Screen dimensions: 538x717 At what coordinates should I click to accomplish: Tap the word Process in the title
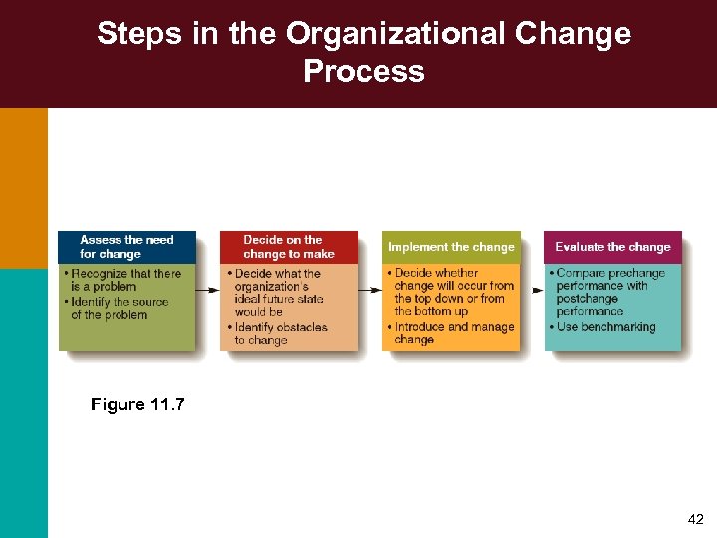[x=363, y=71]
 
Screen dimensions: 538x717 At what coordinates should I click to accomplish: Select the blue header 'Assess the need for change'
[x=126, y=247]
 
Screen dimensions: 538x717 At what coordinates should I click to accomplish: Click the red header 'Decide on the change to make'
[x=289, y=247]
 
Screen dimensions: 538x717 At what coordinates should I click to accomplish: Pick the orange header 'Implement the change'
[x=451, y=247]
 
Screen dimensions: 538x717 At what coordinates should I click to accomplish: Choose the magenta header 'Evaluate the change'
[x=612, y=247]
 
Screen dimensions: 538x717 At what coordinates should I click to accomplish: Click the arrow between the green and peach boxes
[x=208, y=290]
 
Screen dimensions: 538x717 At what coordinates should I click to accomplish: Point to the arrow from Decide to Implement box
[x=370, y=290]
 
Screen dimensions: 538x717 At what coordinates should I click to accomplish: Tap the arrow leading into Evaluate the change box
[x=533, y=290]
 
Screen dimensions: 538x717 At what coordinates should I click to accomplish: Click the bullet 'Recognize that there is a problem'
[x=125, y=280]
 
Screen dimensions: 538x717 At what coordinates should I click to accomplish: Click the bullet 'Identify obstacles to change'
[x=280, y=334]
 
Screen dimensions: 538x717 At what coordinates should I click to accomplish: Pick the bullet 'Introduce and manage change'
[x=453, y=333]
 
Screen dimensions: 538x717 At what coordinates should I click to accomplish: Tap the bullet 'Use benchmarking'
[x=604, y=327]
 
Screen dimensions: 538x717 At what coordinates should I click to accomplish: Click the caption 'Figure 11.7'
[x=137, y=404]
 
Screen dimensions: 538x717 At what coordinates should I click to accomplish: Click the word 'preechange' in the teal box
[x=636, y=273]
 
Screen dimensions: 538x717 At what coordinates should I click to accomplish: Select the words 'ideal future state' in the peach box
[x=279, y=300]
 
